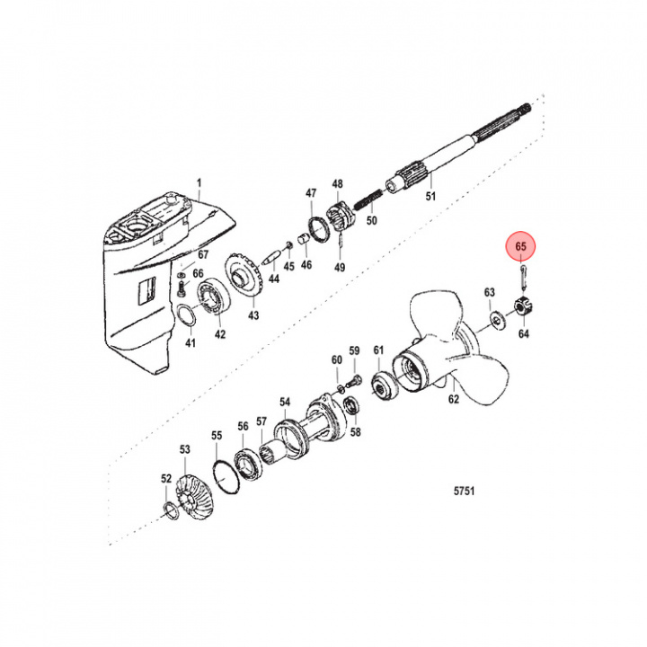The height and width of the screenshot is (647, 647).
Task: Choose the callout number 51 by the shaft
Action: (x=430, y=197)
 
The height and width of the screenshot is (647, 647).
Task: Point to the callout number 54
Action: (x=285, y=402)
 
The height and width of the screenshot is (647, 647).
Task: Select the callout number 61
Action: (x=378, y=350)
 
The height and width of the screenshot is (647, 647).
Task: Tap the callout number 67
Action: (x=203, y=256)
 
